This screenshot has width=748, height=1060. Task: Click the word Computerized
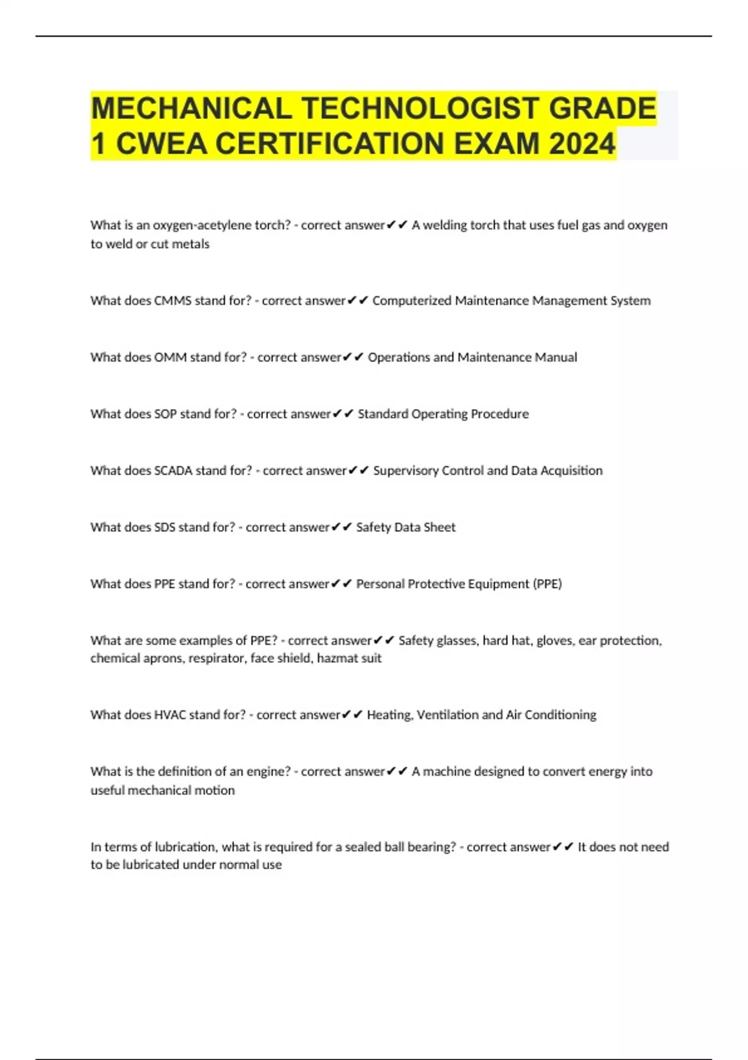coord(411,301)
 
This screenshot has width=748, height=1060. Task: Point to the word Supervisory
coord(405,471)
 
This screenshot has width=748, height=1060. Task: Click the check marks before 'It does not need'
coord(563,847)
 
